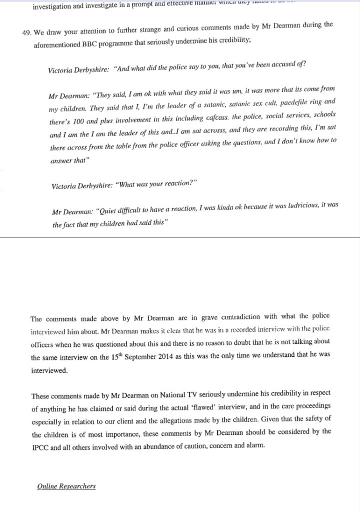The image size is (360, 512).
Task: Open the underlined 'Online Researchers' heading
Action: [66, 486]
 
